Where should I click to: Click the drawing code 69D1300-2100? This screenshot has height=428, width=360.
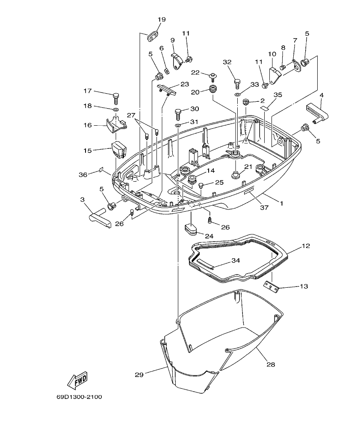coord(79,397)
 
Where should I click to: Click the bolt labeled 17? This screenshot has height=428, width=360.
coord(116,97)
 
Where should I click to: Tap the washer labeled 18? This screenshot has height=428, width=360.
coord(116,110)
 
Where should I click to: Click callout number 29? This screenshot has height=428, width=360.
coord(139,375)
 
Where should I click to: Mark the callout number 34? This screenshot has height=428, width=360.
coord(236,260)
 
